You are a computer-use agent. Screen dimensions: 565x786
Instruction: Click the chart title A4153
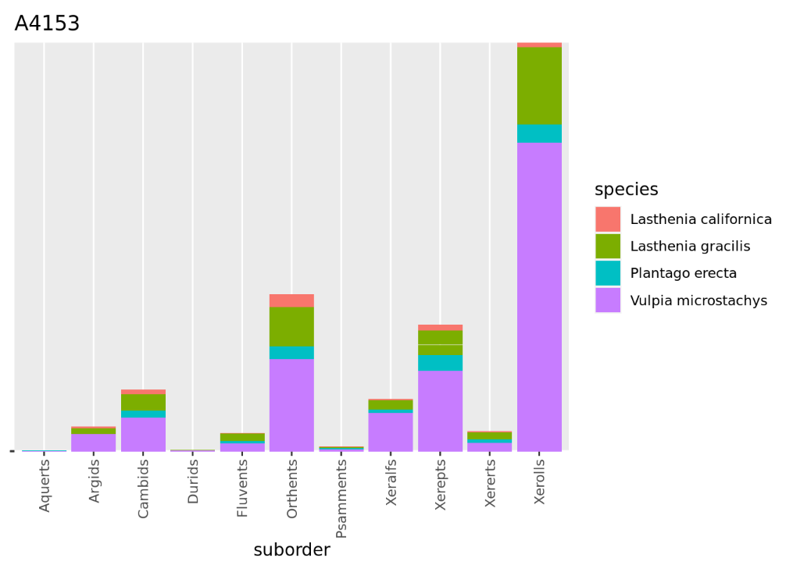coord(47,24)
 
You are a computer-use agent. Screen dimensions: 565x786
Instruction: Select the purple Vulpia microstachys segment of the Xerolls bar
coord(539,297)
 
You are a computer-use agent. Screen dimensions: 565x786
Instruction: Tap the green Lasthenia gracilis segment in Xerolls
coord(539,86)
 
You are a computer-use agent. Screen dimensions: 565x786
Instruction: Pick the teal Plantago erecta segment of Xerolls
coord(539,133)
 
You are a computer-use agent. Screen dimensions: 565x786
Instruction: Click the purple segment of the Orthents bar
coord(291,404)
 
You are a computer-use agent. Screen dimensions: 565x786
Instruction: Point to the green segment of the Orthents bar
coord(291,326)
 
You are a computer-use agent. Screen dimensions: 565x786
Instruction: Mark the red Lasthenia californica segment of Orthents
coord(291,300)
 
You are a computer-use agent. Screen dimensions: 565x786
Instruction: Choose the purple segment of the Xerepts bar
coord(440,410)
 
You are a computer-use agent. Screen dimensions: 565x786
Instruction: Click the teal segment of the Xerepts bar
coord(440,363)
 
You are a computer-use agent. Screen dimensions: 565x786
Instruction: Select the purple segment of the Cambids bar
coord(143,434)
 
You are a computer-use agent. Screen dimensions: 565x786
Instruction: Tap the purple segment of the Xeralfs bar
coord(391,432)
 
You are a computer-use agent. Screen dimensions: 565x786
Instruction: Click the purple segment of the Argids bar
coord(94,442)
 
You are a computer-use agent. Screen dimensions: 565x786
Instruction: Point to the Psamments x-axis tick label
coord(341,499)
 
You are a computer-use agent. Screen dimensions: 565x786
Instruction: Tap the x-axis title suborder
coord(291,550)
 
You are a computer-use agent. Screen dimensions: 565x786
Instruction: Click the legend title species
coord(626,190)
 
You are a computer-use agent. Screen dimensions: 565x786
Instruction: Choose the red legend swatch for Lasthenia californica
coord(607,219)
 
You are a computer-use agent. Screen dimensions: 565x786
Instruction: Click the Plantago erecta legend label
coord(683,273)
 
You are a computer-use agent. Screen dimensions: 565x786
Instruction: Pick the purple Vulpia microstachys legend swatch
coord(607,300)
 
